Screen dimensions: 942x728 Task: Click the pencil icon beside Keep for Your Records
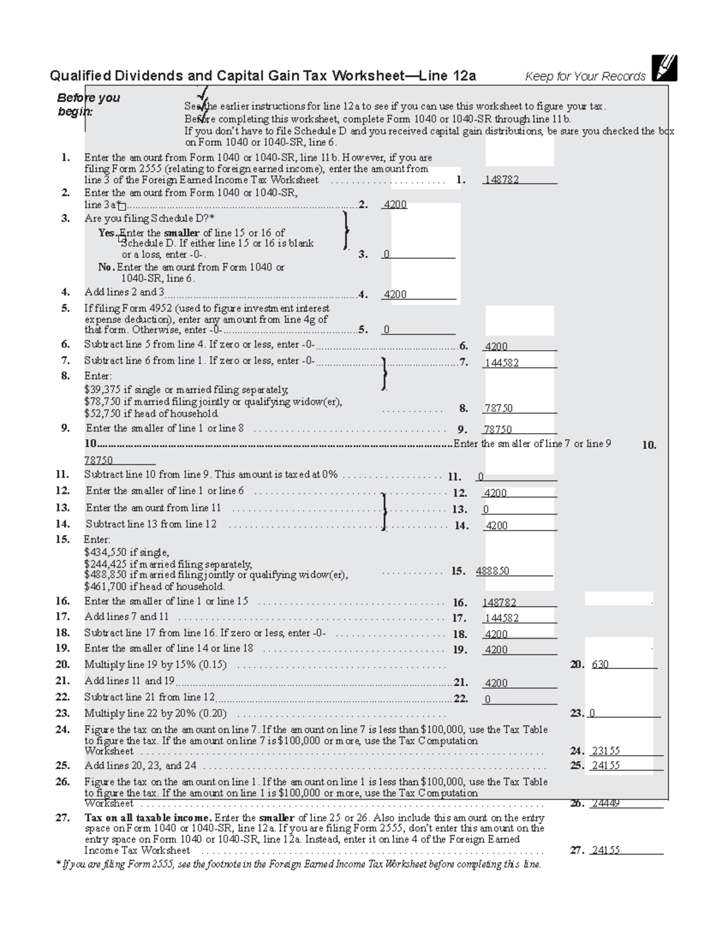click(664, 68)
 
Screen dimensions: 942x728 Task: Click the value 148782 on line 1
click(501, 180)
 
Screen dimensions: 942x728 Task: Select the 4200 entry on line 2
click(395, 205)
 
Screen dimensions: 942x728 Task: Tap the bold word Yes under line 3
click(107, 233)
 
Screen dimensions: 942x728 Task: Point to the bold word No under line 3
click(106, 267)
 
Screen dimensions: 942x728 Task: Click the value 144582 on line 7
click(501, 363)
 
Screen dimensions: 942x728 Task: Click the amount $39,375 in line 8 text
click(102, 390)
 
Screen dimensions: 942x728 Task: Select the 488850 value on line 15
click(493, 571)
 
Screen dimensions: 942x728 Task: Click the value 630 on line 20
click(600, 665)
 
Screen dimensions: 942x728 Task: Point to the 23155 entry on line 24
click(605, 751)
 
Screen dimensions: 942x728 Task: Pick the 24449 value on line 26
click(605, 804)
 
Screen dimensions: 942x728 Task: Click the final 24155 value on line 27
click(605, 850)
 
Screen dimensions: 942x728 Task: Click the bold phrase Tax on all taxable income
click(148, 818)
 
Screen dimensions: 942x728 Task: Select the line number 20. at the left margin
click(62, 664)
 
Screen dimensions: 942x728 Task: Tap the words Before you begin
click(88, 104)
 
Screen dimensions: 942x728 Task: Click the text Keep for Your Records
click(585, 76)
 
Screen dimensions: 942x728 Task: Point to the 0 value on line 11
click(481, 477)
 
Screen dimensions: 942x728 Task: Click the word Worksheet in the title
click(368, 76)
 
